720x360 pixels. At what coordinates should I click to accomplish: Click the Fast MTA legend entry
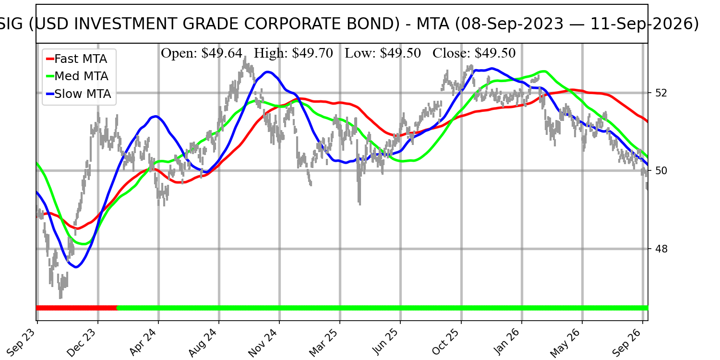pyautogui.click(x=76, y=59)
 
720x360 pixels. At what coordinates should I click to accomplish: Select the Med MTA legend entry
pyautogui.click(x=77, y=76)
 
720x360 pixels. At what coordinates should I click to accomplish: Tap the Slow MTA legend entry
pyautogui.click(x=78, y=94)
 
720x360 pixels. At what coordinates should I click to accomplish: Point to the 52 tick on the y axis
pyautogui.click(x=661, y=93)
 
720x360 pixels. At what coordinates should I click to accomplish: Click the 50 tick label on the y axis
pyautogui.click(x=661, y=171)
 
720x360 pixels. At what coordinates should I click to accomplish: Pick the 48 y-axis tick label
pyautogui.click(x=661, y=249)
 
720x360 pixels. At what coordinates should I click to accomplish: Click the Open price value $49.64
pyautogui.click(x=222, y=53)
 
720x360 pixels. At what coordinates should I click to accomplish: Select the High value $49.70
pyautogui.click(x=312, y=53)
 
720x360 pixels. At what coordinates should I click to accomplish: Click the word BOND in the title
pyautogui.click(x=378, y=24)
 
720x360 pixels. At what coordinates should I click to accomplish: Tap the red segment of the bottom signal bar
pyautogui.click(x=77, y=308)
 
